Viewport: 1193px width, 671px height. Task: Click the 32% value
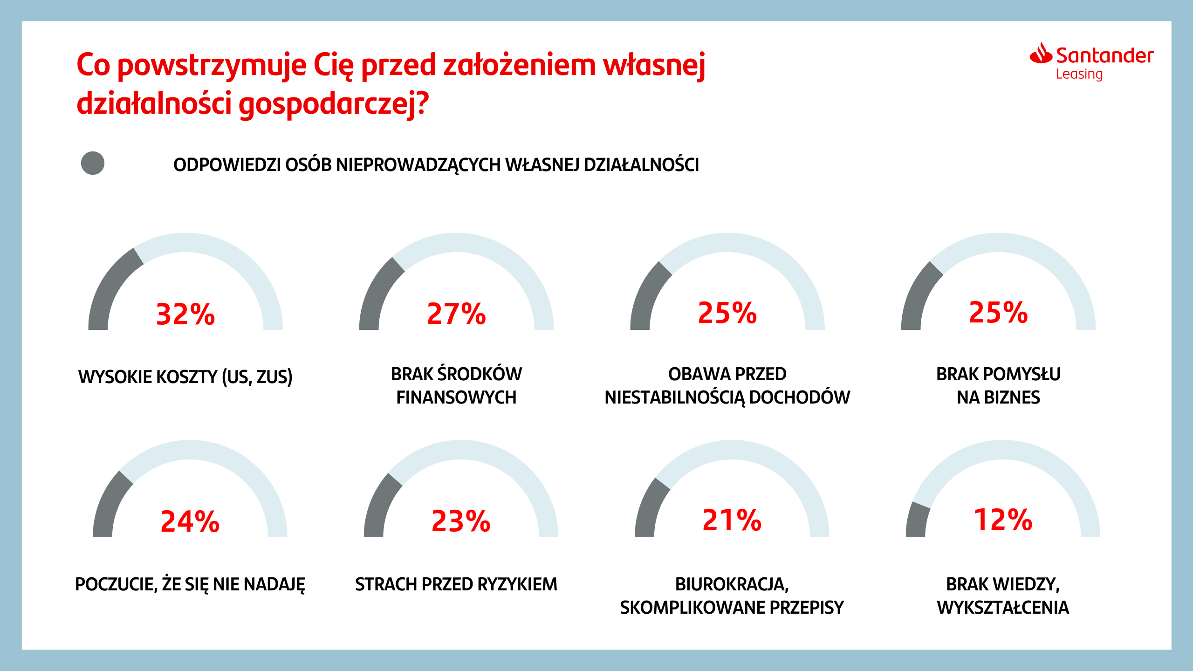click(185, 314)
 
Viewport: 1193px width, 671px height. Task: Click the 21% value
click(732, 520)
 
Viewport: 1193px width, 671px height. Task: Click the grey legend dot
click(93, 163)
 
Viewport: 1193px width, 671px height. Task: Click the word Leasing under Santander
click(1079, 74)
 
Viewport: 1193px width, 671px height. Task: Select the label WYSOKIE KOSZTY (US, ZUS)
click(185, 377)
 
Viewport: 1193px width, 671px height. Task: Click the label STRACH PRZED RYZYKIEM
click(456, 584)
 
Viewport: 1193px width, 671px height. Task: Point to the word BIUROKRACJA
click(731, 584)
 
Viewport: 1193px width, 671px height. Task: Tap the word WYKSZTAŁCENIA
click(1003, 608)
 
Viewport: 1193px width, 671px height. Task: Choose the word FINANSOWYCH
click(456, 397)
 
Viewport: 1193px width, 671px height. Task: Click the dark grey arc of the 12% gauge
click(916, 520)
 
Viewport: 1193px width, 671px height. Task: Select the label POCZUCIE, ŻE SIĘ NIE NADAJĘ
click(190, 584)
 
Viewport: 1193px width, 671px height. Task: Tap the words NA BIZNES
click(998, 397)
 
